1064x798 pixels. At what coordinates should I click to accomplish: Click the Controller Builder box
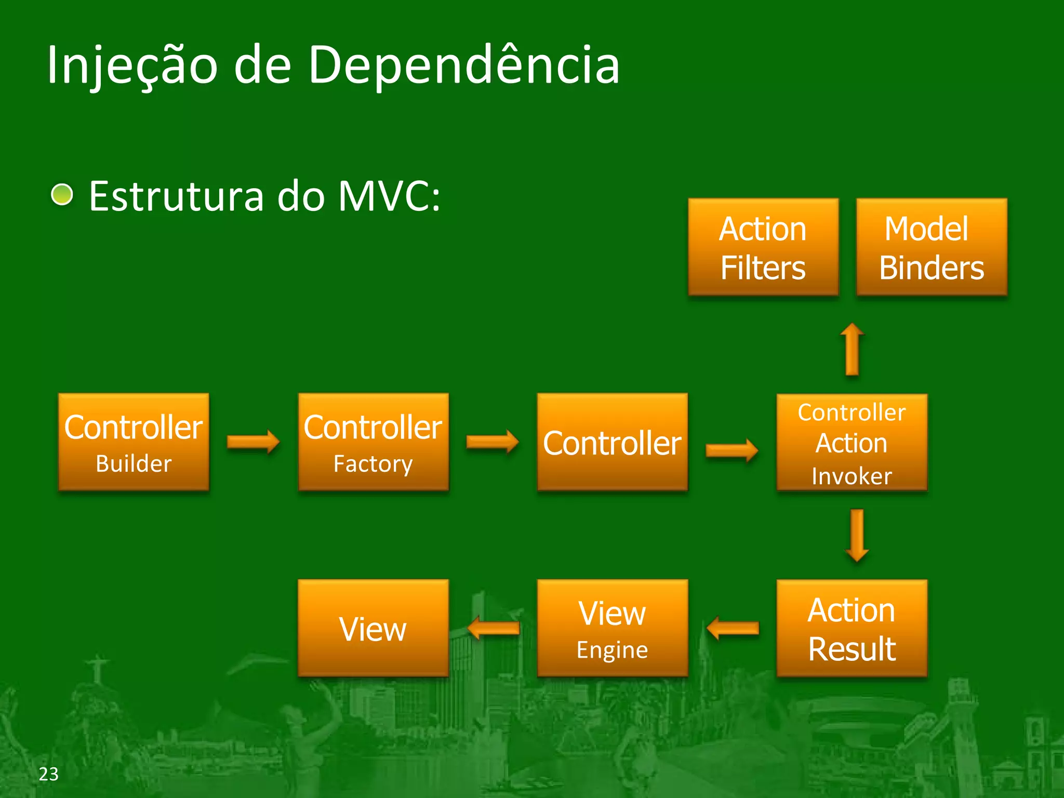[x=134, y=442]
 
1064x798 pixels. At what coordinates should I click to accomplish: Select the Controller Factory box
[x=373, y=442]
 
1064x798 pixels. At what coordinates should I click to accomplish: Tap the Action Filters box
[x=763, y=247]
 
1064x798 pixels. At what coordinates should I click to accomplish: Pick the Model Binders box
[x=931, y=247]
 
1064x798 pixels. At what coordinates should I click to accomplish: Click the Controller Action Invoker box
[x=852, y=442]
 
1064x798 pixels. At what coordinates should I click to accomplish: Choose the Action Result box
[x=852, y=628]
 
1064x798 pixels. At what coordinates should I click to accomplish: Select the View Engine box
[x=612, y=628]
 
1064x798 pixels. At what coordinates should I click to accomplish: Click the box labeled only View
[x=373, y=628]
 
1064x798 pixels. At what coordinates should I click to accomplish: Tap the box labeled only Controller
[x=612, y=442]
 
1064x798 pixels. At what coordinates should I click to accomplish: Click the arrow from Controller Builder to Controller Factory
[x=253, y=442]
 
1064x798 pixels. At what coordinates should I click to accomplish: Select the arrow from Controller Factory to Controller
[x=492, y=442]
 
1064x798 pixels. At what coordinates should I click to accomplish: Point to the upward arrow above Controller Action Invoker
[x=852, y=349]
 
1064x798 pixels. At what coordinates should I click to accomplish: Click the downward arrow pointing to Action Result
[x=857, y=536]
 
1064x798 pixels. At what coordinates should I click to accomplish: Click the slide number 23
[x=49, y=774]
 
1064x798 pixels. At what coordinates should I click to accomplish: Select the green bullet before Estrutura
[x=62, y=195]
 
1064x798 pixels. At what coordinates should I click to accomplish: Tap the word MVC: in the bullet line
[x=389, y=196]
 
